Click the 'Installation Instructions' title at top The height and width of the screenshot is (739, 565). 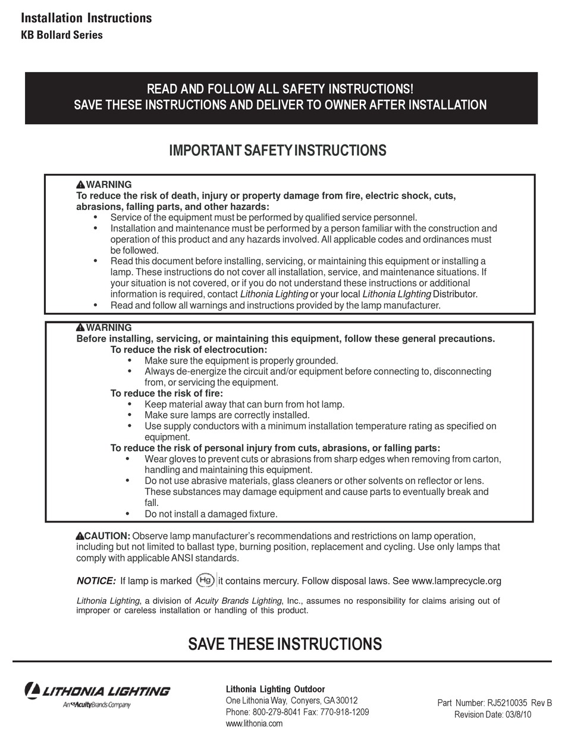point(86,18)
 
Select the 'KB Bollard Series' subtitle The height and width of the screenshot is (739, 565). point(62,35)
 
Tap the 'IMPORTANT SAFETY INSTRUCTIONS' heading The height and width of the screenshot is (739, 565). point(278,151)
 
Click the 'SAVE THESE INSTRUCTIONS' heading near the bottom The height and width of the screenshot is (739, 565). point(285,644)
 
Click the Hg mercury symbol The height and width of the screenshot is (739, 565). point(205,580)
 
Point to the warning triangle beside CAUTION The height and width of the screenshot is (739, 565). point(80,536)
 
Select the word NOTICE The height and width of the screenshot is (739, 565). point(96,581)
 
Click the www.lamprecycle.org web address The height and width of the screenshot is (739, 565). point(456,581)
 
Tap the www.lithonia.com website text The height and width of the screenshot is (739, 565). point(254,724)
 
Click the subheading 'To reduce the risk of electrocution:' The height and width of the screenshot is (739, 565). point(189,350)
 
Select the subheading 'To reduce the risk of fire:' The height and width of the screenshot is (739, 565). point(167,393)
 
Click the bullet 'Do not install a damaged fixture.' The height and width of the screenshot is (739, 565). point(211,514)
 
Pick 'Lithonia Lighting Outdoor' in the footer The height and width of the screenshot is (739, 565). point(275,689)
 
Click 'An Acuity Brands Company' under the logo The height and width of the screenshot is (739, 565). point(96,705)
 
